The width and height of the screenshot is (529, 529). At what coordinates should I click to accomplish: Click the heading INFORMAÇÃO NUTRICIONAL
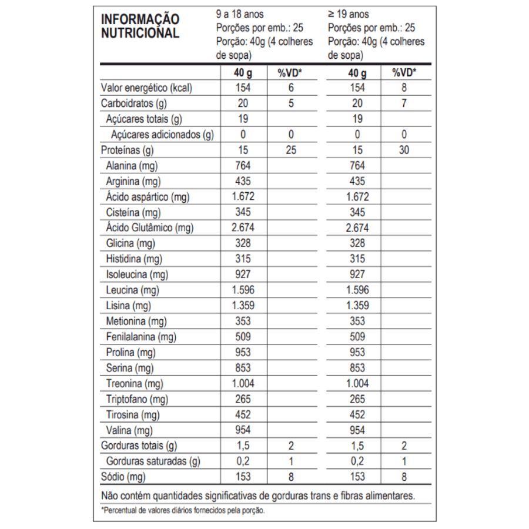pyautogui.click(x=140, y=26)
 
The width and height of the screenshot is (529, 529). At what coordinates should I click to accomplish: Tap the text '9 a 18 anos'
pyautogui.click(x=240, y=14)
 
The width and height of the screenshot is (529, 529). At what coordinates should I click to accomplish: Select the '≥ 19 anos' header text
pyautogui.click(x=349, y=14)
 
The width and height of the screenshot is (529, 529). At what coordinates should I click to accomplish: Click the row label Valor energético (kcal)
pyautogui.click(x=147, y=88)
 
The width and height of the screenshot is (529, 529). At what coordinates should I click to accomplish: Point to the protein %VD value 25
pyautogui.click(x=290, y=150)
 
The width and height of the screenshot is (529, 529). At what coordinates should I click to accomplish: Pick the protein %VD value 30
pyautogui.click(x=404, y=150)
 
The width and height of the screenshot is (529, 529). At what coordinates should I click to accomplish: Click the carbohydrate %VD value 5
pyautogui.click(x=290, y=103)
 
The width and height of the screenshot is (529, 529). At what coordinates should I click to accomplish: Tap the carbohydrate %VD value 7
pyautogui.click(x=404, y=103)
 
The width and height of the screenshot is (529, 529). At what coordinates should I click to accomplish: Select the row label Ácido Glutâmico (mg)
pyautogui.click(x=150, y=227)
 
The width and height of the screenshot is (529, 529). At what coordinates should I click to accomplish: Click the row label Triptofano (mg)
pyautogui.click(x=137, y=399)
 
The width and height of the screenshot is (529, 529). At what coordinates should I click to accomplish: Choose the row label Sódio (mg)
pyautogui.click(x=123, y=477)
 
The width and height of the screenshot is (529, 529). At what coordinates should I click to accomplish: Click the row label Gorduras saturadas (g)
pyautogui.click(x=153, y=461)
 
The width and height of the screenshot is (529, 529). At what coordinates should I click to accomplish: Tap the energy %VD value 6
pyautogui.click(x=290, y=88)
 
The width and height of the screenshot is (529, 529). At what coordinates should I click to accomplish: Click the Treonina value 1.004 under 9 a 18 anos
pyautogui.click(x=242, y=383)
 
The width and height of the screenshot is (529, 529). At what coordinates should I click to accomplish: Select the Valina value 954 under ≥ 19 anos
pyautogui.click(x=357, y=430)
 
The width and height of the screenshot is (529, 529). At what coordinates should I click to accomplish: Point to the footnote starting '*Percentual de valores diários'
pyautogui.click(x=183, y=510)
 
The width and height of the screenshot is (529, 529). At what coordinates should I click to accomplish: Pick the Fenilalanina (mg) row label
pyautogui.click(x=142, y=337)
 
